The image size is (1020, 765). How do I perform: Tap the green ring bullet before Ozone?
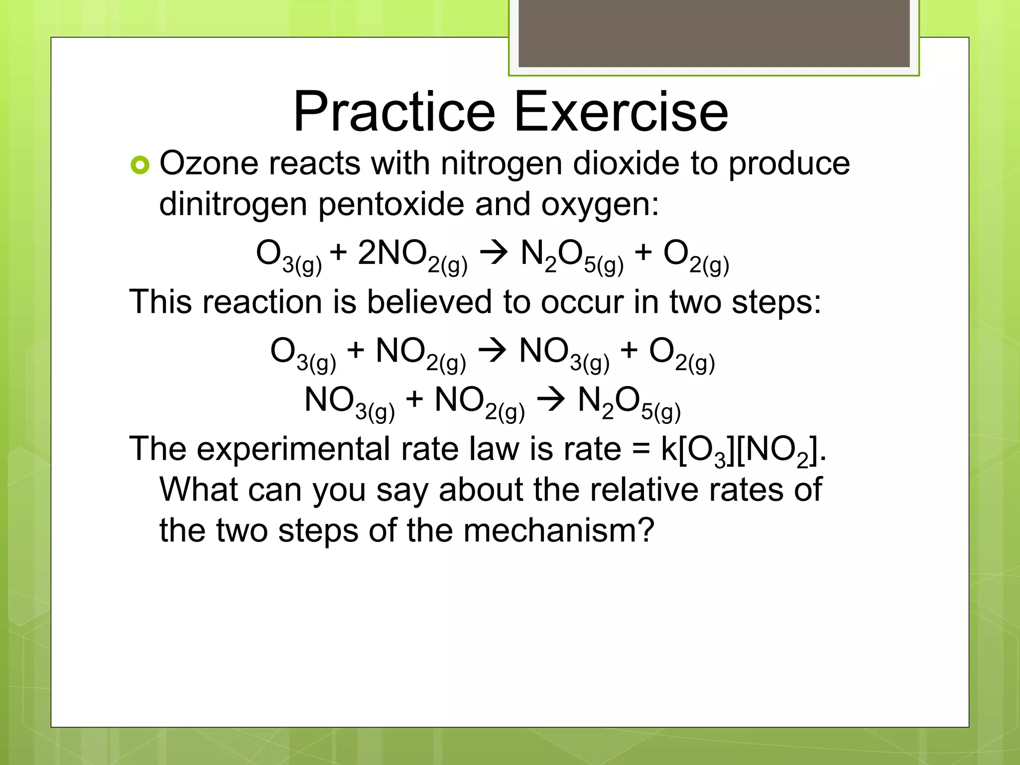(x=140, y=165)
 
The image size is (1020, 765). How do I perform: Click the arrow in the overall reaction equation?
(x=493, y=253)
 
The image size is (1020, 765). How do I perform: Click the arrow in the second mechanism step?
(x=551, y=400)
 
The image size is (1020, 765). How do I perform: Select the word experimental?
(x=293, y=449)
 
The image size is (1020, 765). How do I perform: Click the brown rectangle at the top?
(x=714, y=33)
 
